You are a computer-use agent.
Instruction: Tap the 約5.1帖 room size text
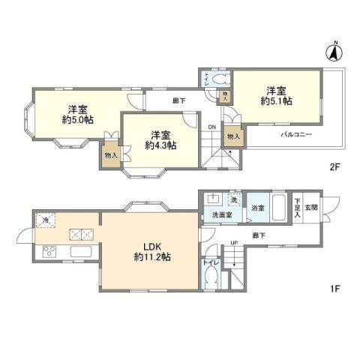click(276, 100)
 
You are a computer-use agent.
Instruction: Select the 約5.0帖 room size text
click(76, 118)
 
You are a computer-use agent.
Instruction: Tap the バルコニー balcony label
click(296, 136)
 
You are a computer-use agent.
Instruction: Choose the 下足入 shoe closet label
click(297, 208)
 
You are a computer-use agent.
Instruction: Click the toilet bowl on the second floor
click(218, 79)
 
